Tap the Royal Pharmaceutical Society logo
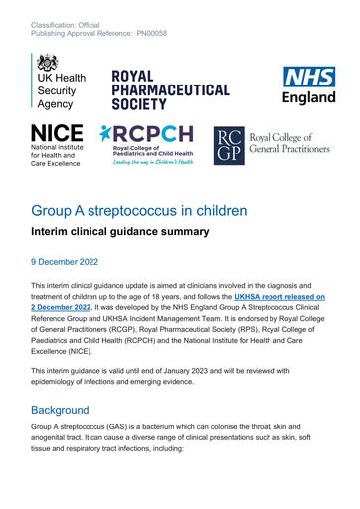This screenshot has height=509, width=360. coord(169,89)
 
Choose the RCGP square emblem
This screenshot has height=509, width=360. coord(229,143)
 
